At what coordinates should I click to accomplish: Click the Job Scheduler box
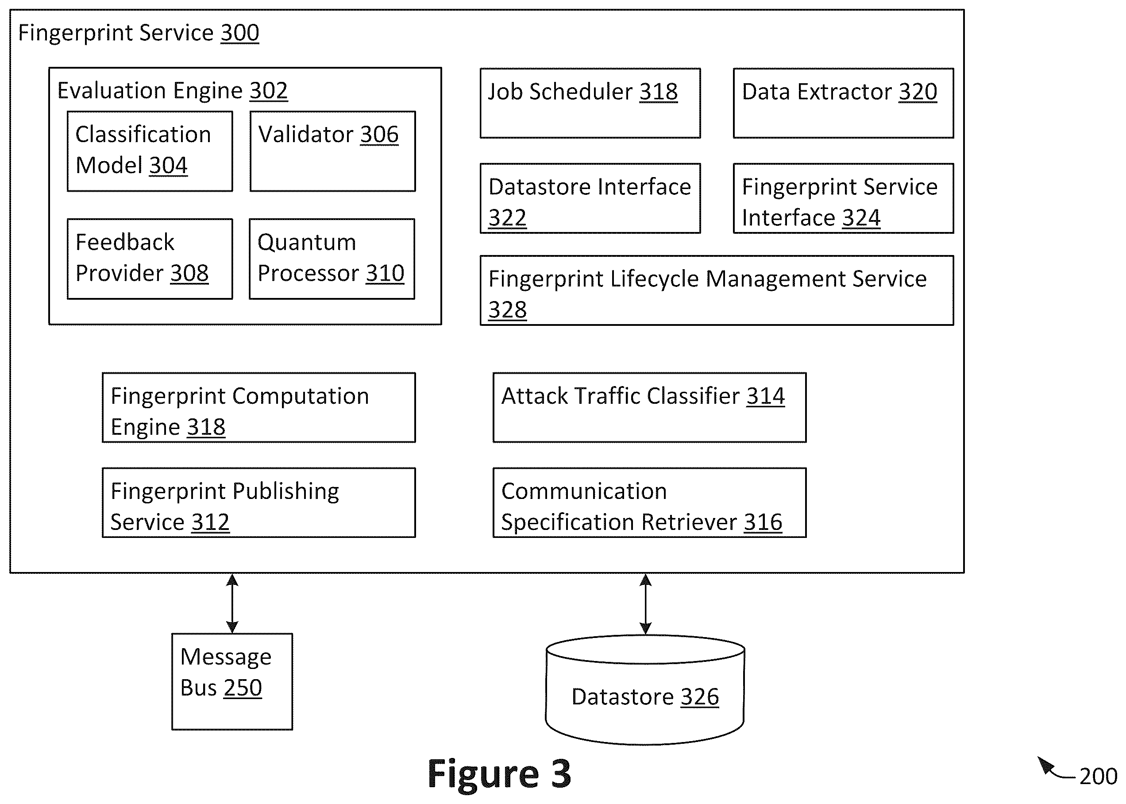pyautogui.click(x=590, y=103)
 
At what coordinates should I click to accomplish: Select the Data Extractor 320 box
pyautogui.click(x=843, y=103)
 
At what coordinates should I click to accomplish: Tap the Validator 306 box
pyautogui.click(x=332, y=151)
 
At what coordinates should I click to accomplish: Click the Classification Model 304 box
pyautogui.click(x=150, y=151)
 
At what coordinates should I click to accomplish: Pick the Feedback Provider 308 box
pyautogui.click(x=150, y=259)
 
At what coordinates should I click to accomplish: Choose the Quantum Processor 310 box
pyautogui.click(x=332, y=259)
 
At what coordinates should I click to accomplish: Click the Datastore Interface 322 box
pyautogui.click(x=590, y=198)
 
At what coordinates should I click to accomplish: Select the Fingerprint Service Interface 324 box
pyautogui.click(x=843, y=198)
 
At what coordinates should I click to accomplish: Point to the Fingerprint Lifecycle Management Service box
pyautogui.click(x=717, y=290)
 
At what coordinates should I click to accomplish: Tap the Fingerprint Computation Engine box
pyautogui.click(x=259, y=407)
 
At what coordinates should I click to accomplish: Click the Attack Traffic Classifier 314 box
pyautogui.click(x=650, y=407)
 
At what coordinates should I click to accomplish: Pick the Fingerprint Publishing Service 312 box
pyautogui.click(x=259, y=502)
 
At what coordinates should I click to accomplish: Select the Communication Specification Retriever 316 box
pyautogui.click(x=650, y=502)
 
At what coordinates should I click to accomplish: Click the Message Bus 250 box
pyautogui.click(x=232, y=682)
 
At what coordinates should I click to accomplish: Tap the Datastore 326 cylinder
pyautogui.click(x=645, y=690)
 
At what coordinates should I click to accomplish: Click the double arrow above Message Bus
pyautogui.click(x=232, y=603)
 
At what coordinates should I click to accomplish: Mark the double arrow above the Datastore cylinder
pyautogui.click(x=645, y=604)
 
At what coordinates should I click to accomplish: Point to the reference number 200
pyautogui.click(x=1098, y=776)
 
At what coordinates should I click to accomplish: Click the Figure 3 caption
pyautogui.click(x=499, y=774)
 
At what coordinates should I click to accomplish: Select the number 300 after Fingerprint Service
pyautogui.click(x=239, y=33)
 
